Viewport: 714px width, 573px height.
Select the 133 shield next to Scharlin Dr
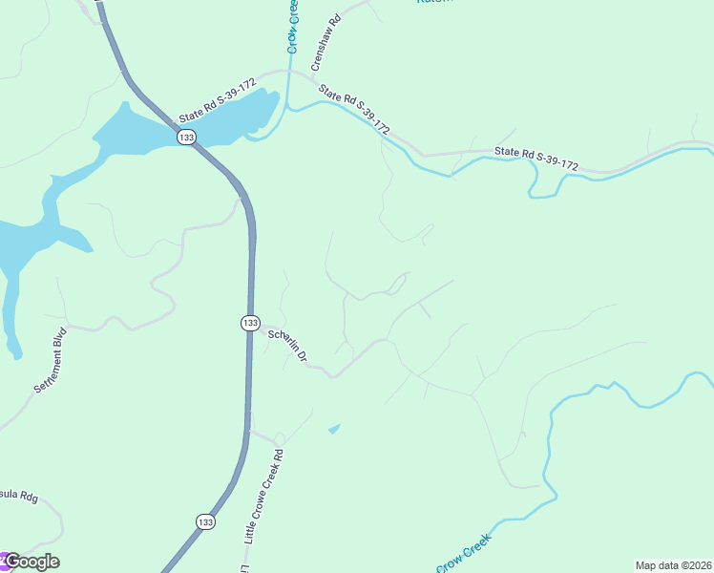click(x=249, y=323)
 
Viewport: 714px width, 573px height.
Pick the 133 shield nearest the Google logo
click(x=205, y=521)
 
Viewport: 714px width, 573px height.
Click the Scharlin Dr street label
click(x=287, y=346)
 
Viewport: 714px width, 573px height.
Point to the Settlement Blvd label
click(x=52, y=362)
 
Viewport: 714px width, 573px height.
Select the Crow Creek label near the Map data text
click(x=464, y=554)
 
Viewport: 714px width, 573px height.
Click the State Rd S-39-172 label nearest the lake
click(x=216, y=99)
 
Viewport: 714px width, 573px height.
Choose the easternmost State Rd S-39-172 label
click(x=536, y=159)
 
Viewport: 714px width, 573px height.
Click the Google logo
click(x=31, y=562)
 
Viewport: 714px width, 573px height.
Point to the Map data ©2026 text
click(x=673, y=565)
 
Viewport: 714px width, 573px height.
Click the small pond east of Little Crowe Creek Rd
click(x=333, y=429)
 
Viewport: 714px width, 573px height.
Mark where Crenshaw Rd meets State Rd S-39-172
click(x=311, y=73)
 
